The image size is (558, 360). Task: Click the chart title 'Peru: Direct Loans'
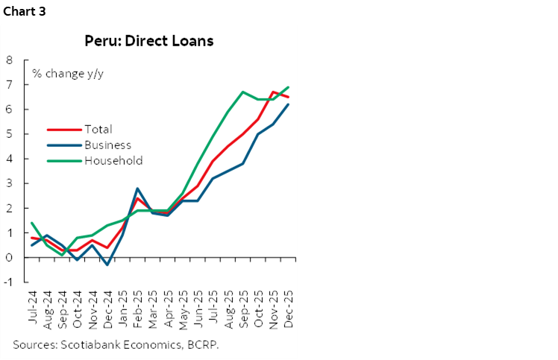pyautogui.click(x=148, y=41)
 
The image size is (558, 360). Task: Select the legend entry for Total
pyautogui.click(x=98, y=130)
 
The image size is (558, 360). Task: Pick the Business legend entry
pyautogui.click(x=108, y=145)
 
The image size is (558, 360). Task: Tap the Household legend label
pyautogui.click(x=113, y=160)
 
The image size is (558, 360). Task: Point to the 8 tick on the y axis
pyautogui.click(x=9, y=60)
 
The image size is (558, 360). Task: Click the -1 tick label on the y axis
pyautogui.click(x=7, y=282)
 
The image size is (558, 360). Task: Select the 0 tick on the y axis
pyautogui.click(x=9, y=257)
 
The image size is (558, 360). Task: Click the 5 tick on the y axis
pyautogui.click(x=9, y=134)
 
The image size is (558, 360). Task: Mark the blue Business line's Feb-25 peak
pyautogui.click(x=138, y=189)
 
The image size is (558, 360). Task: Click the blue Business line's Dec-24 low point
pyautogui.click(x=108, y=265)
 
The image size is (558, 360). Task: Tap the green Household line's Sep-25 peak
pyautogui.click(x=243, y=92)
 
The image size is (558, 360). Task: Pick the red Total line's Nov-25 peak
pyautogui.click(x=273, y=92)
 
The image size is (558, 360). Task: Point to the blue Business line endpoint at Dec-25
pyautogui.click(x=289, y=104)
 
